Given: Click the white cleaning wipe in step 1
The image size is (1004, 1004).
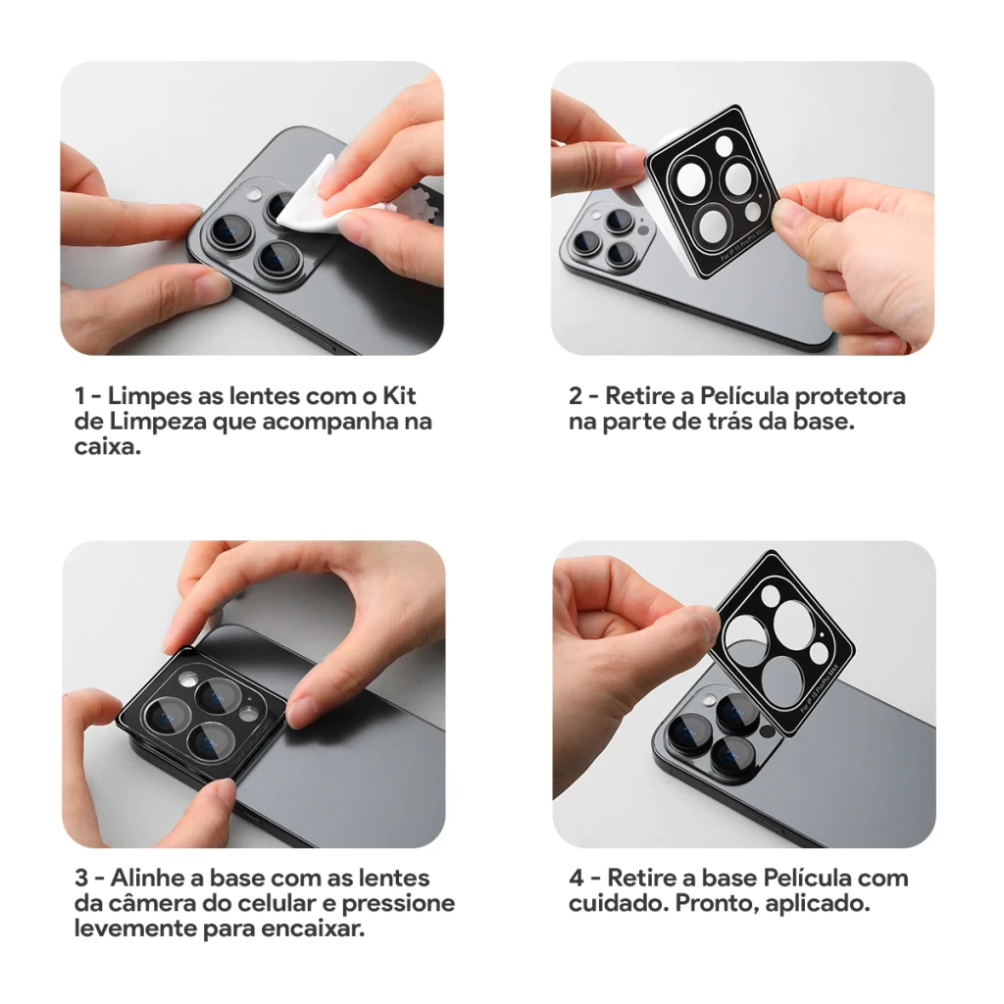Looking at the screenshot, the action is (313, 199).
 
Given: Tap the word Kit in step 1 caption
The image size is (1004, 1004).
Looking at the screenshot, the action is (399, 396).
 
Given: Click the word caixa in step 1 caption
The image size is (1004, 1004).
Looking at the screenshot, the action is (106, 446).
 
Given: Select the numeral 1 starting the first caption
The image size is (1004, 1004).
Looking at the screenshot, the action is (79, 396).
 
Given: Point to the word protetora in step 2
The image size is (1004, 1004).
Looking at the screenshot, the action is (850, 397).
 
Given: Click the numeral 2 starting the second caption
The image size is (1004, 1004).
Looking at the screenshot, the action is (576, 396).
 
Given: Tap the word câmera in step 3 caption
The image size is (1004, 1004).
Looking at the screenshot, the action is (145, 903).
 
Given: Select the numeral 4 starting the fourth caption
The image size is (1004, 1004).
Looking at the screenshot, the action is (577, 878).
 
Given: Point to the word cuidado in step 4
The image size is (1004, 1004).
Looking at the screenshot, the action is (616, 903).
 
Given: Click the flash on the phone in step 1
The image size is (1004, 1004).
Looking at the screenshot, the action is (254, 193).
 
